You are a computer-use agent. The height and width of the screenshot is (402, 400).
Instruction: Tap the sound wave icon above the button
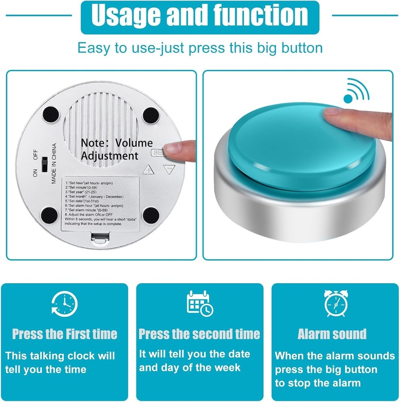pyautogui.click(x=356, y=90)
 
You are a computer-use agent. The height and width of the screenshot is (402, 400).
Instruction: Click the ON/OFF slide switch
pyautogui.click(x=45, y=164)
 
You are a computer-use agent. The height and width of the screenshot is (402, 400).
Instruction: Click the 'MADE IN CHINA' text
pyautogui.click(x=54, y=163)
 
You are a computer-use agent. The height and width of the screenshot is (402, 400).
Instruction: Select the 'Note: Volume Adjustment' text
pyautogui.click(x=116, y=149)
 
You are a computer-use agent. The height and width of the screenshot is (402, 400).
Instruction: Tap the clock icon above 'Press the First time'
pyautogui.click(x=64, y=304)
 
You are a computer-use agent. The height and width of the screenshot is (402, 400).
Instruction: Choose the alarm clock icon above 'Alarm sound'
pyautogui.click(x=336, y=303)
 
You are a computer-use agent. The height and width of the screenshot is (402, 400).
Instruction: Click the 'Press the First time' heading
pyautogui.click(x=64, y=334)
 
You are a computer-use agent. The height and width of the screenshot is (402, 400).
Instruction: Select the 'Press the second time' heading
pyautogui.click(x=199, y=334)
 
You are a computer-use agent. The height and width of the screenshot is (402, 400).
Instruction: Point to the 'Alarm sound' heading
pyautogui.click(x=332, y=334)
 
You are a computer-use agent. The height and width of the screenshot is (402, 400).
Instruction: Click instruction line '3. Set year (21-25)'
pyautogui.click(x=82, y=192)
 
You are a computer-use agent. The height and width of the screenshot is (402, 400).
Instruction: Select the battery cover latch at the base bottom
pyautogui.click(x=101, y=240)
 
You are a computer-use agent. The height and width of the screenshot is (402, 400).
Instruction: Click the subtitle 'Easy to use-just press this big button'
pyautogui.click(x=200, y=48)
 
